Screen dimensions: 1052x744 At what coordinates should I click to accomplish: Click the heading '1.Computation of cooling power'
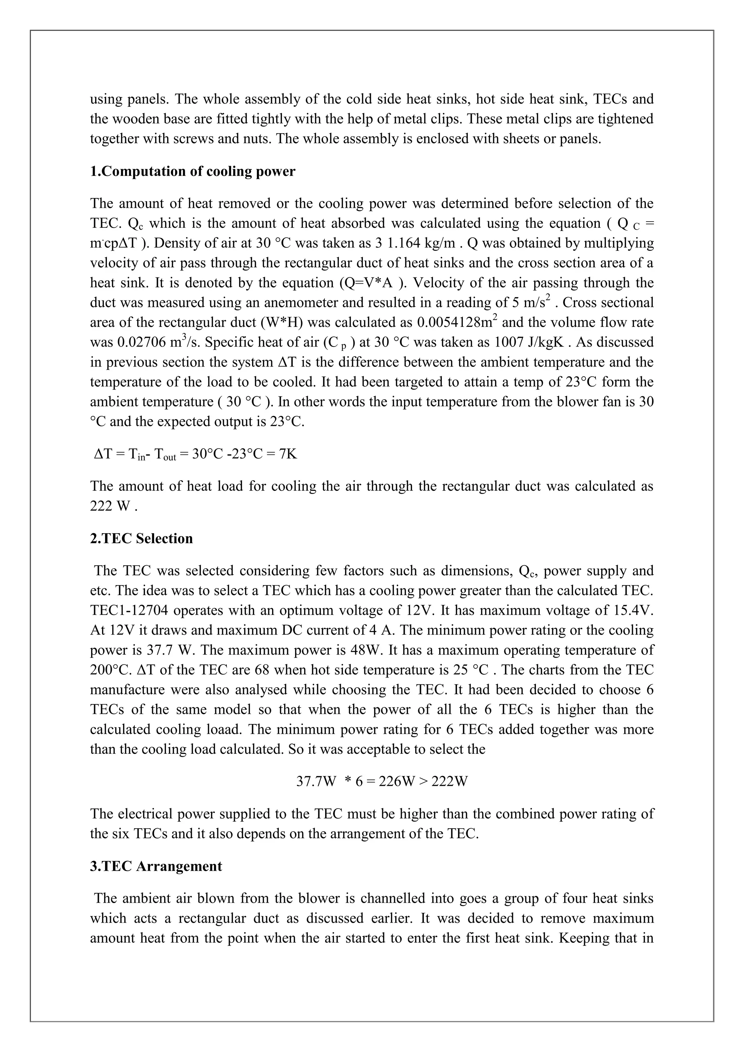[x=193, y=171]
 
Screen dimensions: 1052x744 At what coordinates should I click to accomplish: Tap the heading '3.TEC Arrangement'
[x=156, y=866]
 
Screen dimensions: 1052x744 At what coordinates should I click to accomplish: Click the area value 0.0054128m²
[x=458, y=322]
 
